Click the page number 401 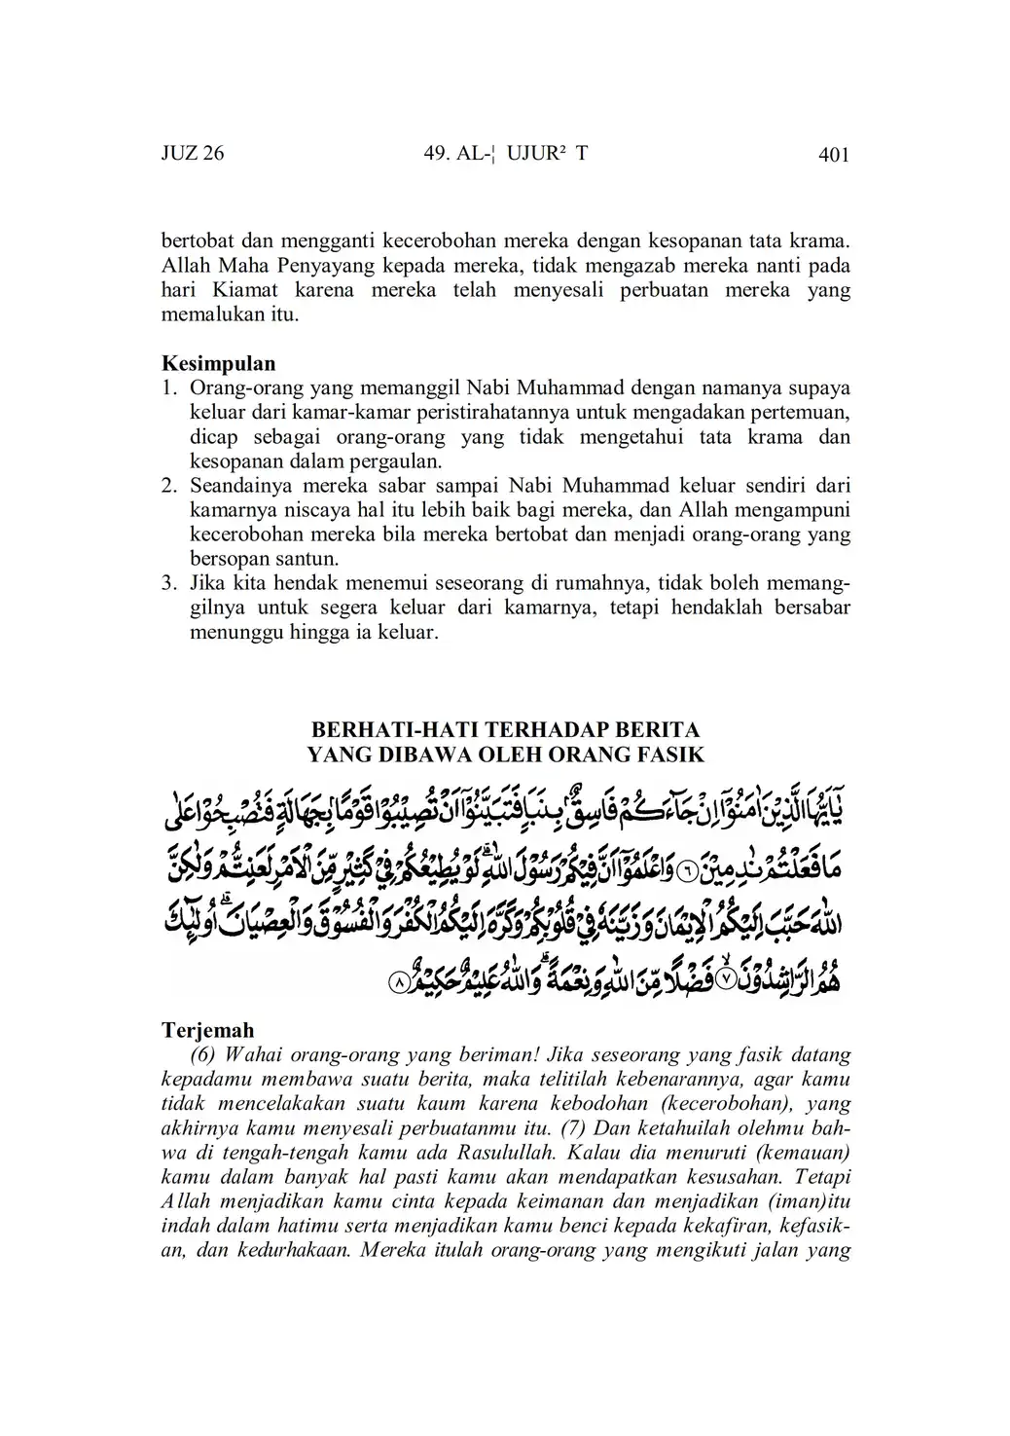pos(834,155)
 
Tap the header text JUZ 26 pos(193,154)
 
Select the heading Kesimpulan pos(218,363)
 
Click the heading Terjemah pos(207,1030)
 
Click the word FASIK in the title pos(671,754)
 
